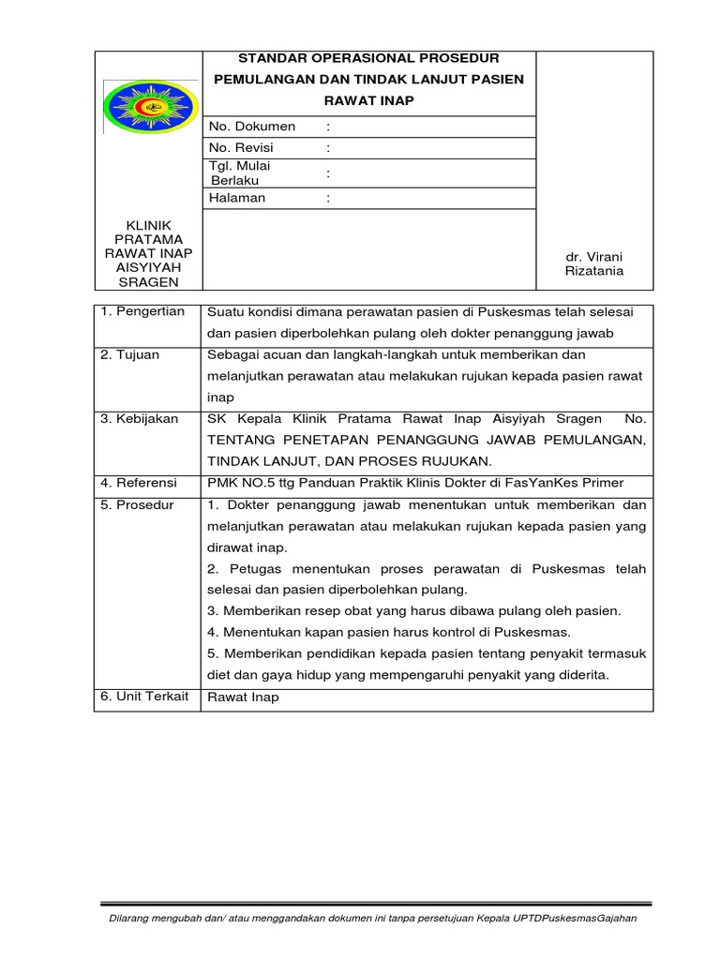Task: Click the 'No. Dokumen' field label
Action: tap(252, 127)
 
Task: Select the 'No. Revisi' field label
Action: tap(246, 148)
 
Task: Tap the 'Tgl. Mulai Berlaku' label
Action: tap(240, 172)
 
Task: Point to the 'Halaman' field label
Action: tap(237, 198)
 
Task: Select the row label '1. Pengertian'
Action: tap(142, 311)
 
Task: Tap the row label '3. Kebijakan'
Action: tap(139, 419)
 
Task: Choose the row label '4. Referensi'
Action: tap(139, 483)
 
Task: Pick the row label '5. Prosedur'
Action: tap(137, 505)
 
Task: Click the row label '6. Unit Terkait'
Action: tap(144, 697)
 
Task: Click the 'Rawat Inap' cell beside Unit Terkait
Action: tap(242, 697)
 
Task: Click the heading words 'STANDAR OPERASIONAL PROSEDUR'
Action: tap(370, 58)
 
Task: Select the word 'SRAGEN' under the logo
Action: tap(150, 282)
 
